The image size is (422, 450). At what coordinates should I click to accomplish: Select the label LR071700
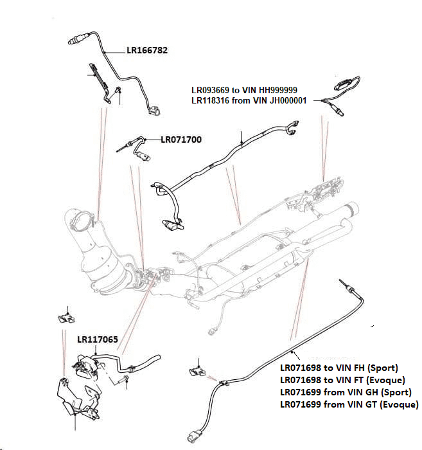tap(182, 138)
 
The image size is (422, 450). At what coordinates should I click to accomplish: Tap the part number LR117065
tap(98, 339)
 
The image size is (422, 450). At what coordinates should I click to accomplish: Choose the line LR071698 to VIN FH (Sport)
tap(338, 368)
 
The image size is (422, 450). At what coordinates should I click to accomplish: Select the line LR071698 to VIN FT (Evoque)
tap(342, 380)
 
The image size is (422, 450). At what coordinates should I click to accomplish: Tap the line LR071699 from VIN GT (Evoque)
tap(349, 404)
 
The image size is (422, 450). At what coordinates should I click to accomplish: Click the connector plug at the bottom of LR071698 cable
tap(195, 438)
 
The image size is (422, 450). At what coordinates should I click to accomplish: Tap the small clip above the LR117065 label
tap(65, 316)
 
